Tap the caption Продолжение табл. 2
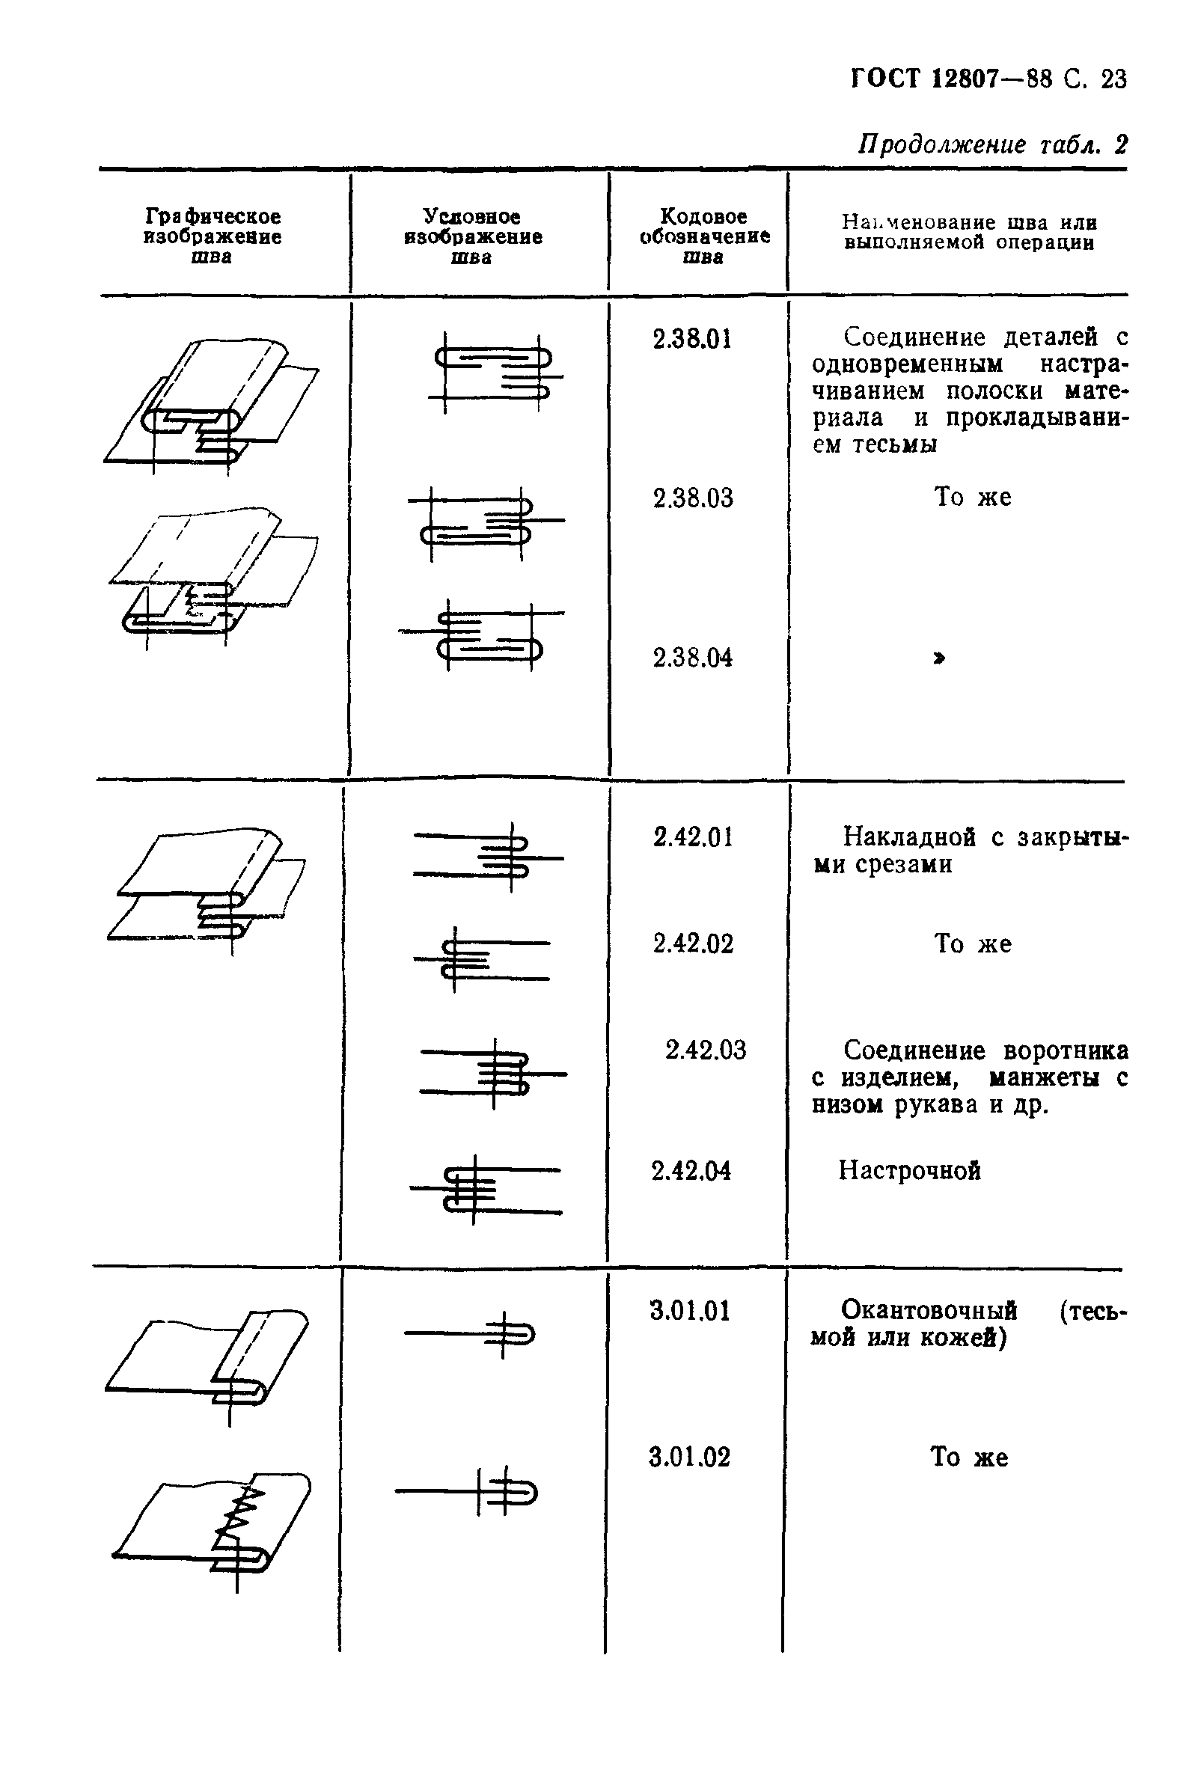pyautogui.click(x=991, y=144)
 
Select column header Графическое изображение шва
pyautogui.click(x=213, y=236)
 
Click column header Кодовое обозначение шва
pyautogui.click(x=703, y=236)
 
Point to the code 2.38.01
pyautogui.click(x=691, y=338)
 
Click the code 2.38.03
pyautogui.click(x=692, y=498)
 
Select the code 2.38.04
pyautogui.click(x=692, y=658)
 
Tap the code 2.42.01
pyautogui.click(x=692, y=837)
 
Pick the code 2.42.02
pyautogui.click(x=692, y=944)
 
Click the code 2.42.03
pyautogui.click(x=704, y=1050)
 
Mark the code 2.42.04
pyautogui.click(x=691, y=1170)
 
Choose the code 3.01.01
pyautogui.click(x=689, y=1311)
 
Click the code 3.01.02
pyautogui.click(x=689, y=1457)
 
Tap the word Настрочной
pyautogui.click(x=909, y=1170)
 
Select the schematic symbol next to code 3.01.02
pyautogui.click(x=468, y=1490)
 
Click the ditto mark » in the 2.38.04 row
pyautogui.click(x=939, y=658)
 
